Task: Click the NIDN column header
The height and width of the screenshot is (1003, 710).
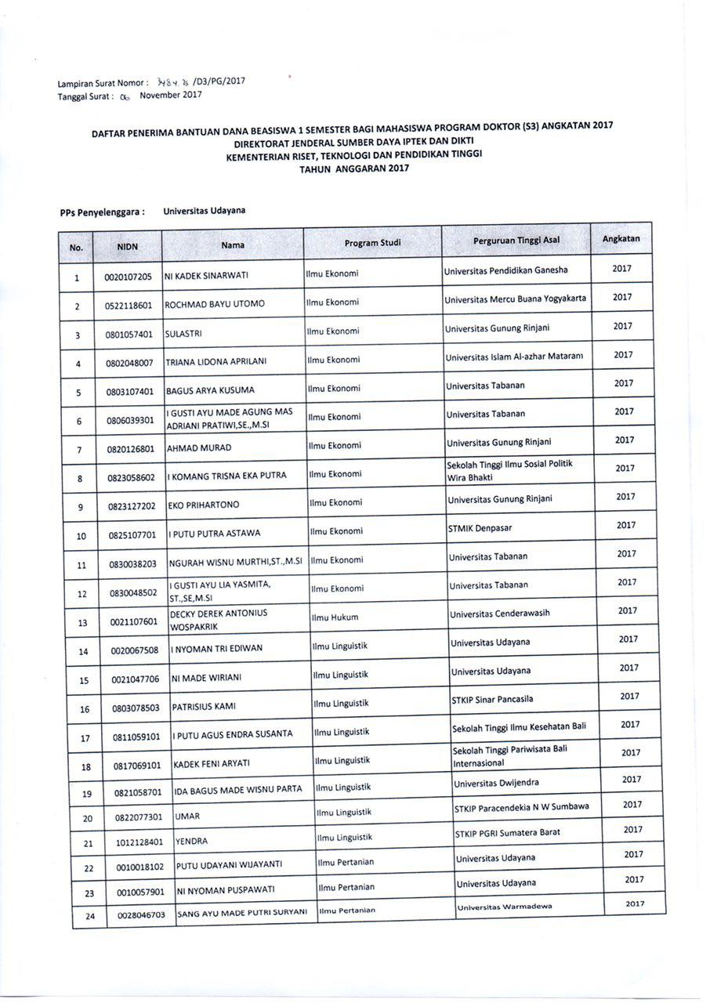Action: [x=128, y=246]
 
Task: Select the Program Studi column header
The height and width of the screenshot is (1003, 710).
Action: [x=372, y=243]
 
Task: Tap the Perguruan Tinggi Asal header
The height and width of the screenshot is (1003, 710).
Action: [x=516, y=240]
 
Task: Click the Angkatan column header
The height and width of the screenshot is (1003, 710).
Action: [x=621, y=238]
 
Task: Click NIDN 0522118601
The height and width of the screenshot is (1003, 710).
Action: [x=129, y=305]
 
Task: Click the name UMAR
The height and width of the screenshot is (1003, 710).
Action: [x=188, y=817]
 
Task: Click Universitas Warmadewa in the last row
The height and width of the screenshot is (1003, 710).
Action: [x=505, y=907]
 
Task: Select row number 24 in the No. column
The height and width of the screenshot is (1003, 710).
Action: [x=89, y=915]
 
